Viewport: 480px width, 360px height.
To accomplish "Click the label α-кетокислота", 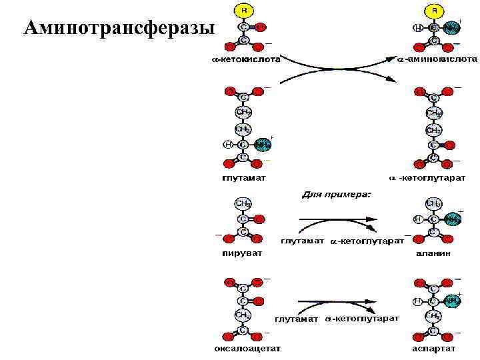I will click(241, 59).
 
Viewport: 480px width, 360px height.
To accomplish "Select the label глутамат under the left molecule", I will click(243, 178).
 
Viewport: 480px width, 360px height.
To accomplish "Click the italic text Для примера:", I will click(336, 195).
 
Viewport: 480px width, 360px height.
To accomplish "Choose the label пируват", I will click(242, 253).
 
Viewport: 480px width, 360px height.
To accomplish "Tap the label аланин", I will click(435, 254).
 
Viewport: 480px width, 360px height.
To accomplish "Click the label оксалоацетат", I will click(247, 349).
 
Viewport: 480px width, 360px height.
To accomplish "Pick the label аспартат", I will click(435, 349).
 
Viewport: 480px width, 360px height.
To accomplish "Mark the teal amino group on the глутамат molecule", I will click(262, 144).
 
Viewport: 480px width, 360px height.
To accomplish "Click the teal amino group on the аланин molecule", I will click(453, 218).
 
